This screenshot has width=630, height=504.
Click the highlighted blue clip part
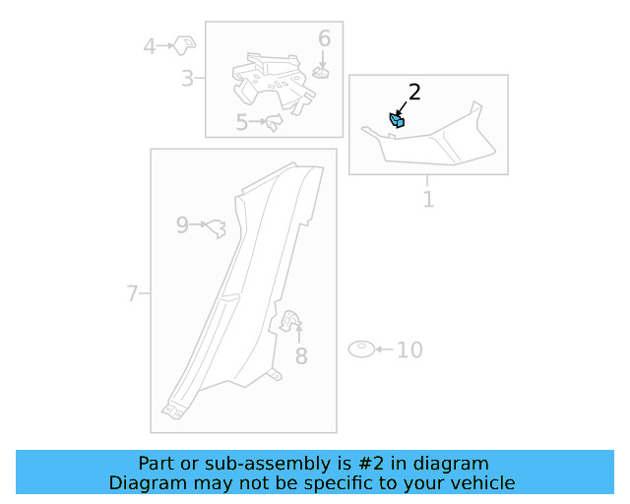(x=397, y=120)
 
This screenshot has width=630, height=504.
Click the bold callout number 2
(x=414, y=92)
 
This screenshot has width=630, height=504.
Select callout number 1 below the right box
(x=429, y=200)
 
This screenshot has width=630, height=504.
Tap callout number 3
(x=187, y=79)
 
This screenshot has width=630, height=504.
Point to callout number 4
(x=150, y=46)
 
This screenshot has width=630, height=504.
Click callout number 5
(x=241, y=122)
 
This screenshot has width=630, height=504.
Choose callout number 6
(x=324, y=38)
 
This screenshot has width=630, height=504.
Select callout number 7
(x=132, y=293)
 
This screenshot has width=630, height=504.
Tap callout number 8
(x=301, y=356)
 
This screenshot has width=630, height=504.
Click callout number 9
(x=182, y=225)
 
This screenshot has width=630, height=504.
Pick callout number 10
(x=409, y=350)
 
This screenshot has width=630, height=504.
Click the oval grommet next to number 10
(x=361, y=349)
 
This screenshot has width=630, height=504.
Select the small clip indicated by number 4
(x=184, y=45)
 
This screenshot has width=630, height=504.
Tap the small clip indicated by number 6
(x=321, y=73)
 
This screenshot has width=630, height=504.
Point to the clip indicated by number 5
(x=274, y=121)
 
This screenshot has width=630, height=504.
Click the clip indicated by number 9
(x=217, y=228)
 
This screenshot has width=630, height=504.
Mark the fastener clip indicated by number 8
(x=290, y=321)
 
